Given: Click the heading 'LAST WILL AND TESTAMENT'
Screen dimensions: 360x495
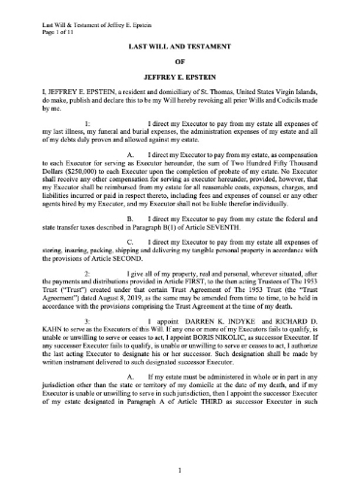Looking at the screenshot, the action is [180, 46].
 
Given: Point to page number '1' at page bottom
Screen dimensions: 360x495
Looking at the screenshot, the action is [180, 471].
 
